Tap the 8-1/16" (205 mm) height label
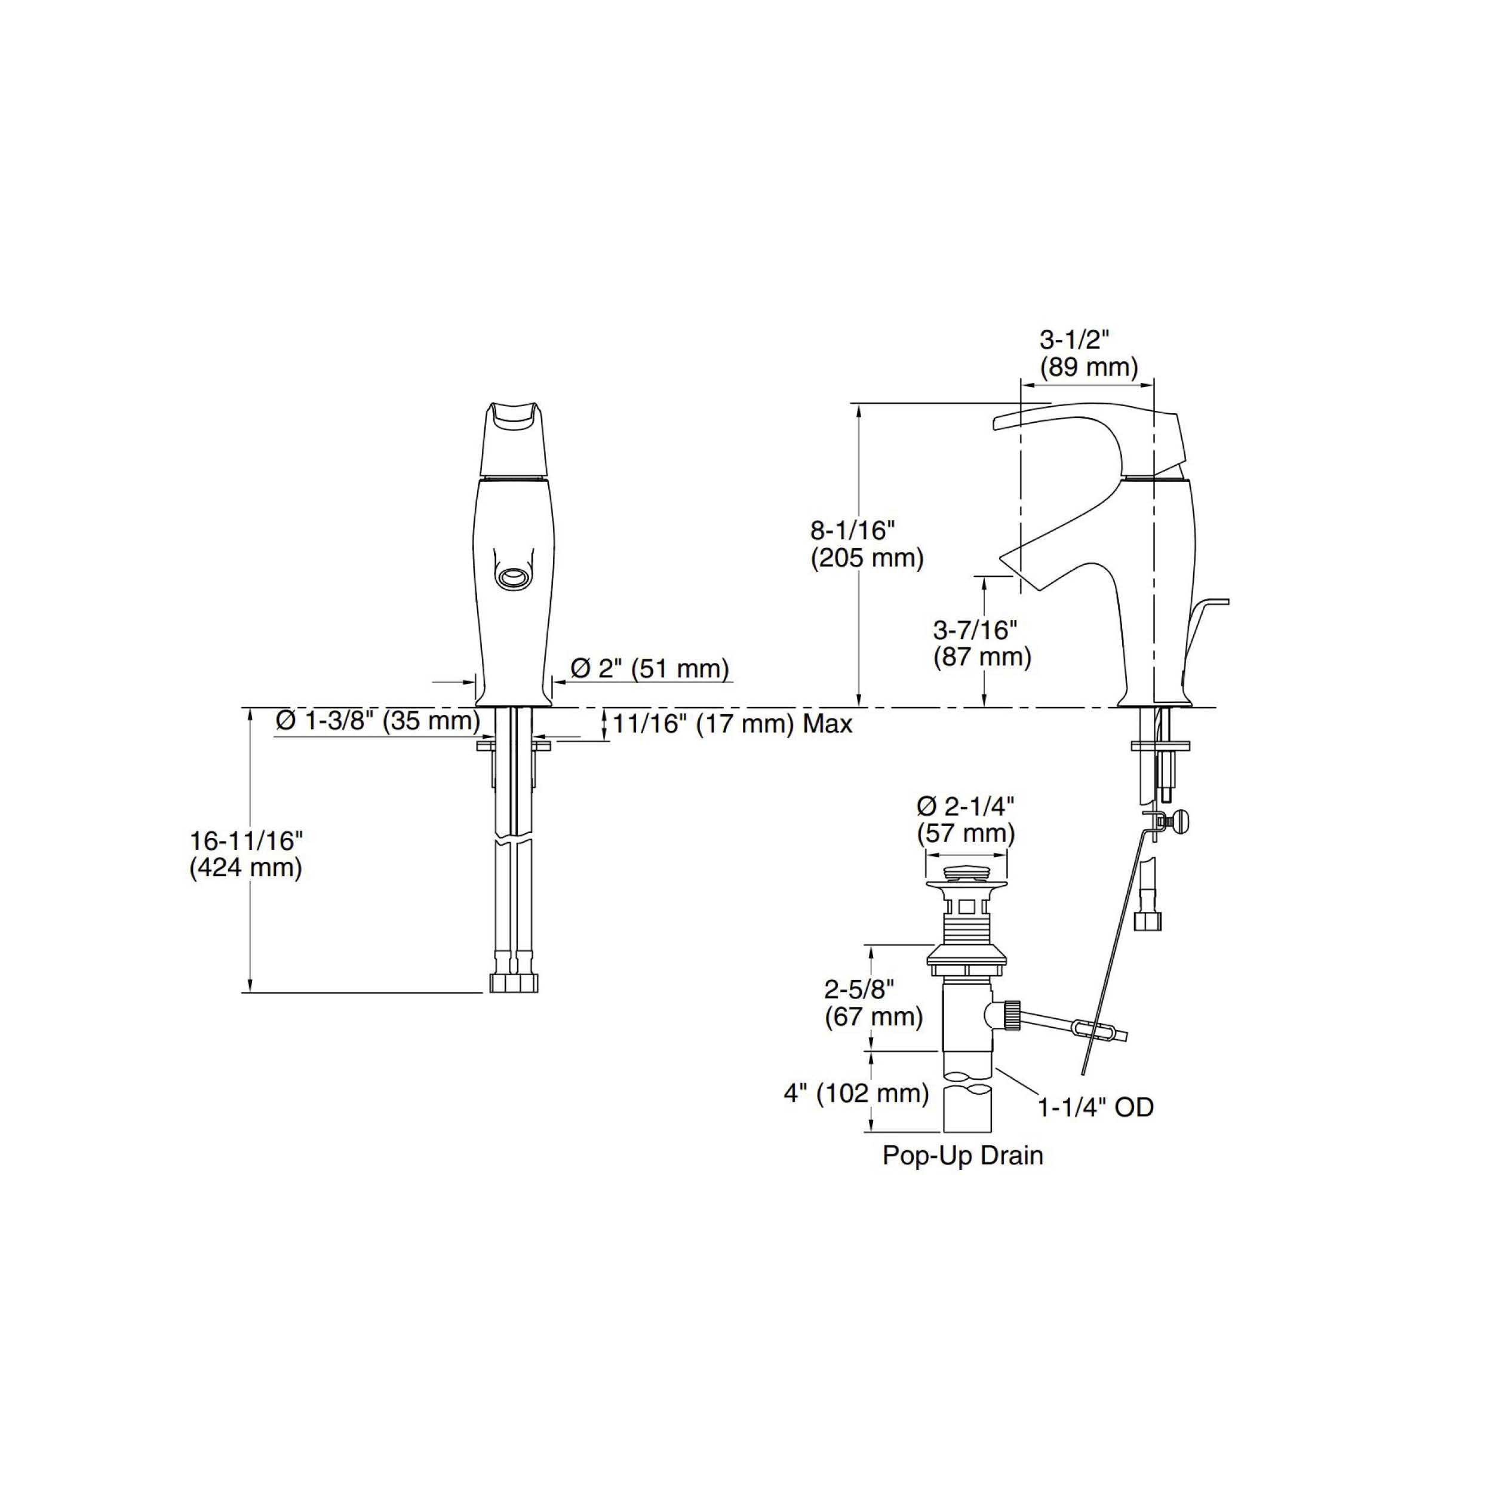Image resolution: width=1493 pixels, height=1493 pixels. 867,544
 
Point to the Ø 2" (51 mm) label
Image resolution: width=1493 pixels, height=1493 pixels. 650,668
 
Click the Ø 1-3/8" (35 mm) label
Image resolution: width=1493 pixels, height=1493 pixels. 379,720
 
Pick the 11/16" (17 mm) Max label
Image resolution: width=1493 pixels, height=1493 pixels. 733,724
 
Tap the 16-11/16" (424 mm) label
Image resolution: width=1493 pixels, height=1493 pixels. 245,854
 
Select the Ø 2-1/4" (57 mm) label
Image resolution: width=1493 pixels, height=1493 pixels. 966,820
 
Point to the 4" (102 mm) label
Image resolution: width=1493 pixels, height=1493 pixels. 856,1093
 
